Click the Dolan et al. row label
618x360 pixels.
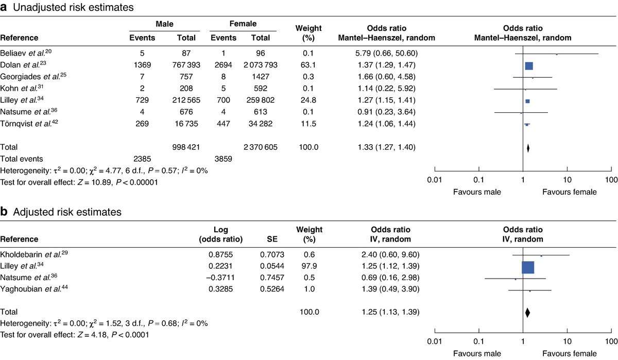click(x=24, y=66)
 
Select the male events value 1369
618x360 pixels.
click(x=139, y=66)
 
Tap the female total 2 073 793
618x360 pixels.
click(x=260, y=66)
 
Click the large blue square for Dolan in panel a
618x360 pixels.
click(x=529, y=66)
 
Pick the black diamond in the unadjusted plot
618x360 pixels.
click(x=528, y=148)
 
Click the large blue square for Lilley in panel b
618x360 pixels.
click(x=528, y=268)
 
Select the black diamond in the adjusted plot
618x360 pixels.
click(x=527, y=312)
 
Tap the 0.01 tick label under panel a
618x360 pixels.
click(x=435, y=180)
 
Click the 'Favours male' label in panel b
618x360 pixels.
click(x=476, y=354)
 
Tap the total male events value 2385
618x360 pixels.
click(x=139, y=159)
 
